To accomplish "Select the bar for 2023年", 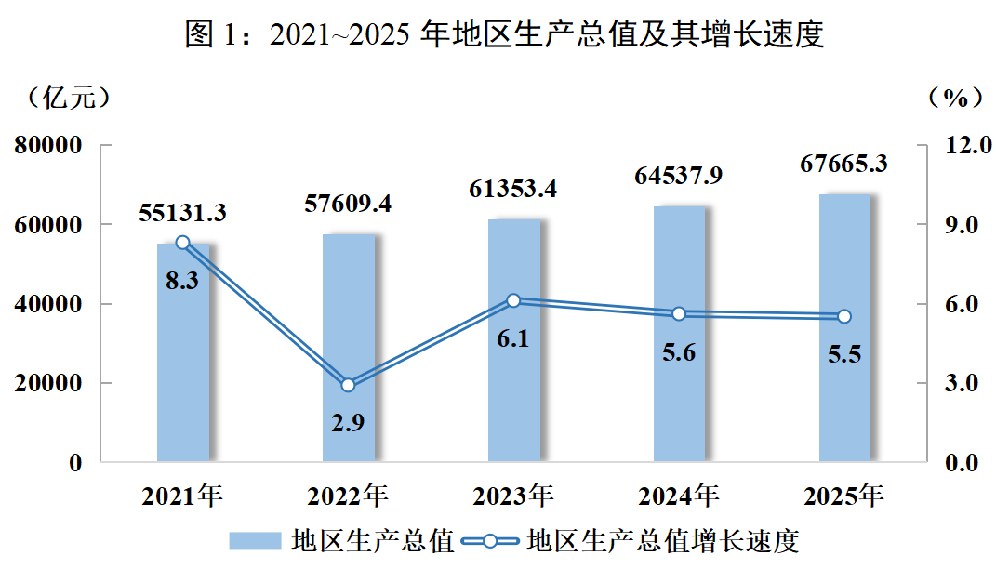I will [514, 390].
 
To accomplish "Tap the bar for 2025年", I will [844, 390].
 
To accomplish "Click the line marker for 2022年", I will [349, 385].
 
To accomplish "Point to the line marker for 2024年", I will [679, 313].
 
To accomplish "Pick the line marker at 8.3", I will [183, 243].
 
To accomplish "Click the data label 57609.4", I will [348, 203].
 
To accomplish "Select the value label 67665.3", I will [843, 165].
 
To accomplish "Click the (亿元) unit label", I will [70, 96].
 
